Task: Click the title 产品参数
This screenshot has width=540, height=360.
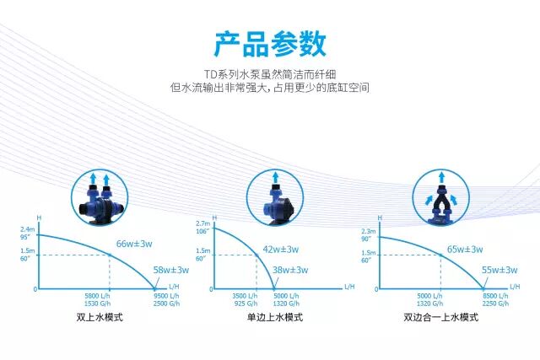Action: pos(269,43)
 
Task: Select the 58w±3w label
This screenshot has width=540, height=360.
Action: pos(170,270)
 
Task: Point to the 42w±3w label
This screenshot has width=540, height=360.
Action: pos(281,249)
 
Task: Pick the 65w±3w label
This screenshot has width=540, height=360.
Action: pos(464,249)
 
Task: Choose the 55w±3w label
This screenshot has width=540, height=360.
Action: pos(499,270)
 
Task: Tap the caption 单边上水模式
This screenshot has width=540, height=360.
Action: pos(274,317)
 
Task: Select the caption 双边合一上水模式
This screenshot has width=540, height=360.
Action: pos(440,317)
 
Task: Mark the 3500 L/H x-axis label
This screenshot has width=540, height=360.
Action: pos(245,296)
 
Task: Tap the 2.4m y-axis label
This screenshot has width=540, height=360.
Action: pos(28,229)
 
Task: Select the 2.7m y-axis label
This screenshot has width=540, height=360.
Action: pos(202,223)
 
